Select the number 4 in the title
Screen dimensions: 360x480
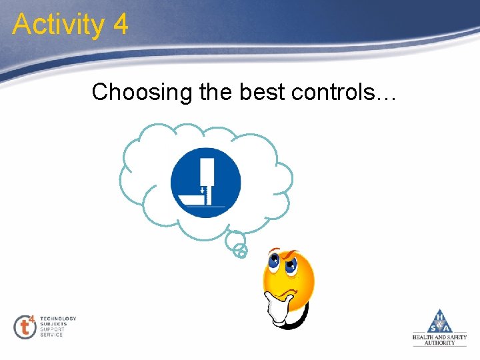click(121, 25)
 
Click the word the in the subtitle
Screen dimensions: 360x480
click(216, 93)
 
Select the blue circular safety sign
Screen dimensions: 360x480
click(205, 182)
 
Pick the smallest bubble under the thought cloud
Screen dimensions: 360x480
click(241, 251)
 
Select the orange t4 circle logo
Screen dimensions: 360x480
click(25, 327)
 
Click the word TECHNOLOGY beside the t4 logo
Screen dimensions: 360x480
click(58, 319)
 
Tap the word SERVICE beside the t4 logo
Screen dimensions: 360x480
click(51, 335)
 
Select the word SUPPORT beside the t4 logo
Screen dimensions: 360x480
click(52, 329)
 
